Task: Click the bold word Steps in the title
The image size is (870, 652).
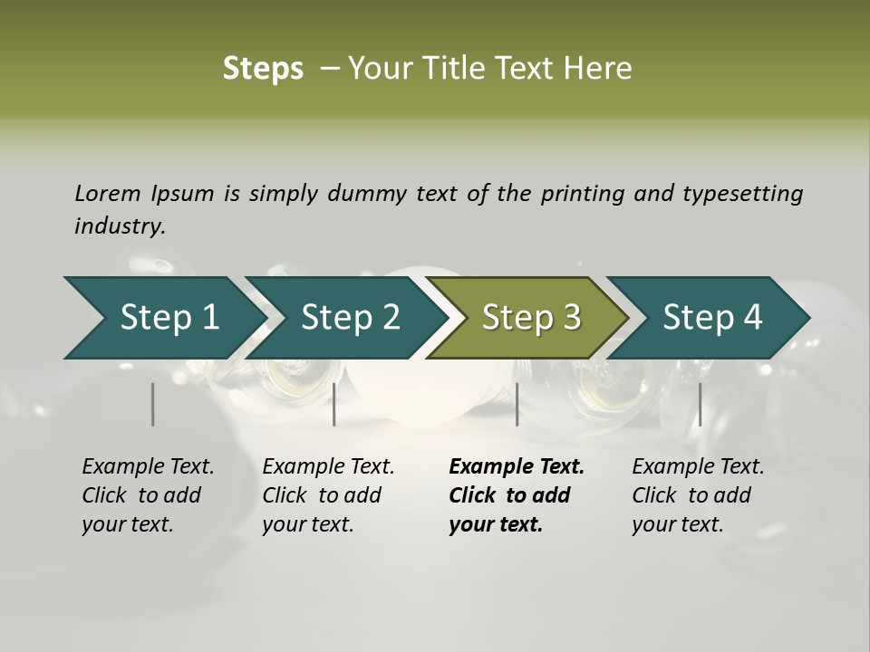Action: [x=263, y=69]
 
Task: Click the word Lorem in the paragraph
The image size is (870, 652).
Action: [x=108, y=193]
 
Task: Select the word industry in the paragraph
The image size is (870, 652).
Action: [x=119, y=226]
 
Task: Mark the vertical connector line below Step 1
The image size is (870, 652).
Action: [x=153, y=404]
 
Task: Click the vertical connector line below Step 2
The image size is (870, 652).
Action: [x=334, y=404]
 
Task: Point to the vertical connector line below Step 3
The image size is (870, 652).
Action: [x=517, y=404]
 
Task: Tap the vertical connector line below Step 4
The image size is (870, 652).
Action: [x=700, y=404]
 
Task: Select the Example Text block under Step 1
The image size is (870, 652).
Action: [x=148, y=495]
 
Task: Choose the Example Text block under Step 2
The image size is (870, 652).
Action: [x=328, y=495]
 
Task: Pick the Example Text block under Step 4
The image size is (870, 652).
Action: [x=698, y=495]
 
